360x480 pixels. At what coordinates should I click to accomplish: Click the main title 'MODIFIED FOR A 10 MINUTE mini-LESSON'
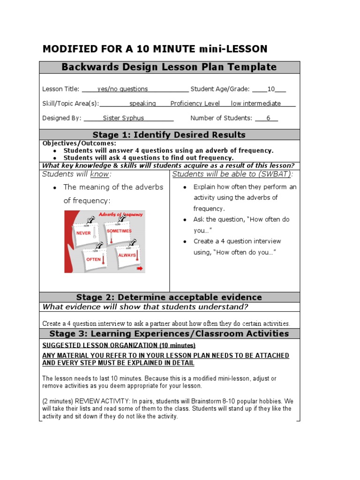click(155, 49)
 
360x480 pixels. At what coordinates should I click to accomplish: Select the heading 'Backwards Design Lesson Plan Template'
click(169, 67)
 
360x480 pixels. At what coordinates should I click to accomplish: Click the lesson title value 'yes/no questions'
click(122, 89)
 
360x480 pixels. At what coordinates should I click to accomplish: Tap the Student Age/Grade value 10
click(270, 89)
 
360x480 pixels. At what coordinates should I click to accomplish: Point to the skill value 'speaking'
click(142, 104)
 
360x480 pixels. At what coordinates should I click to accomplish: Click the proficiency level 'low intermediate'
click(256, 104)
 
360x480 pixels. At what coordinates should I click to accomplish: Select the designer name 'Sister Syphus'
click(123, 118)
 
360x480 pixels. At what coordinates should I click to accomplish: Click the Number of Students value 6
click(268, 118)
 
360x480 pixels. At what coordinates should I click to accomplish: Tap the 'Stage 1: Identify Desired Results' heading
click(169, 135)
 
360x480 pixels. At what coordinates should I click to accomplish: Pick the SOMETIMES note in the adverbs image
click(119, 231)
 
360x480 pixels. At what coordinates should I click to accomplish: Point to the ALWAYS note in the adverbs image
click(127, 255)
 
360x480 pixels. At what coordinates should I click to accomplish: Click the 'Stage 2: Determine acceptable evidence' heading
click(169, 297)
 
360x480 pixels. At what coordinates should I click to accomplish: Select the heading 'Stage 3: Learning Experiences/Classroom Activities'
click(169, 334)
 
